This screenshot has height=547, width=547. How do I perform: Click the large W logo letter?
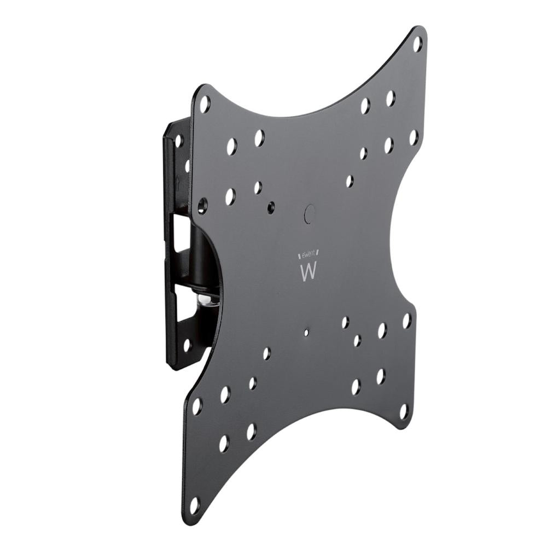[309, 272]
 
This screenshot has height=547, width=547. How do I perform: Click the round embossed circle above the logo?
[310, 213]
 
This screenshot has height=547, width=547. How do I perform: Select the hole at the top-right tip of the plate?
[417, 43]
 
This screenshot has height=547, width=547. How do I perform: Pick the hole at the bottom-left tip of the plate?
[194, 505]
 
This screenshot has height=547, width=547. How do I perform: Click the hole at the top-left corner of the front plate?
[205, 103]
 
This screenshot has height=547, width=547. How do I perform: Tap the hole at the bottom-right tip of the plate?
[404, 411]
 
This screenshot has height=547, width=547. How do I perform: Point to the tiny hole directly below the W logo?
[306, 331]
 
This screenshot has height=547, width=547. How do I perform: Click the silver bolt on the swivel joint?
[206, 299]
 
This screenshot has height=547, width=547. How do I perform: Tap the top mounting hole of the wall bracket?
[178, 141]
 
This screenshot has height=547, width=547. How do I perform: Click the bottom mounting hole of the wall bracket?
[187, 345]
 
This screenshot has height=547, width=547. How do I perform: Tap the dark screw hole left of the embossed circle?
[271, 207]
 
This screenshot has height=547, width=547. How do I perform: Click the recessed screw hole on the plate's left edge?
[202, 206]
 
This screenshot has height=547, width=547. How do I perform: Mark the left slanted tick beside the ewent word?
[299, 256]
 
